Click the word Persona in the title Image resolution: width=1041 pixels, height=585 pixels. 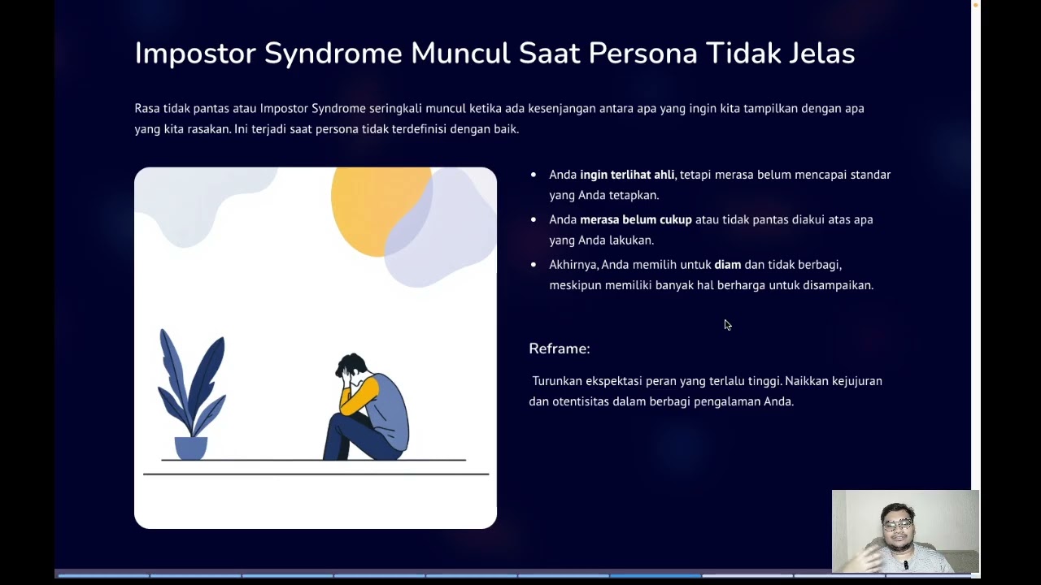[642, 54]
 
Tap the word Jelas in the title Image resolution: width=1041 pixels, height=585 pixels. [821, 54]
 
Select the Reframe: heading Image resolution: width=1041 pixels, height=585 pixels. [560, 349]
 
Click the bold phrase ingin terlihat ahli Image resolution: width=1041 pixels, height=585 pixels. [627, 175]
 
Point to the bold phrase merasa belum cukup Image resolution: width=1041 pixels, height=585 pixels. [635, 219]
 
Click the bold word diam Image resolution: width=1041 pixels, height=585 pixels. [727, 265]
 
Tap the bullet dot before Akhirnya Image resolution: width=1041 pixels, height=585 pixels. [534, 265]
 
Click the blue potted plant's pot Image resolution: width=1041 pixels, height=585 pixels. [191, 448]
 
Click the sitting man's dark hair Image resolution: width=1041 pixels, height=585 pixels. [351, 364]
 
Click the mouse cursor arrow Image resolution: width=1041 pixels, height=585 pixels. [727, 324]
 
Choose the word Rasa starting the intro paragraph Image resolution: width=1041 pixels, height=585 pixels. [147, 108]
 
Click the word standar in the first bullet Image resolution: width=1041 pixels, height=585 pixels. [870, 175]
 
